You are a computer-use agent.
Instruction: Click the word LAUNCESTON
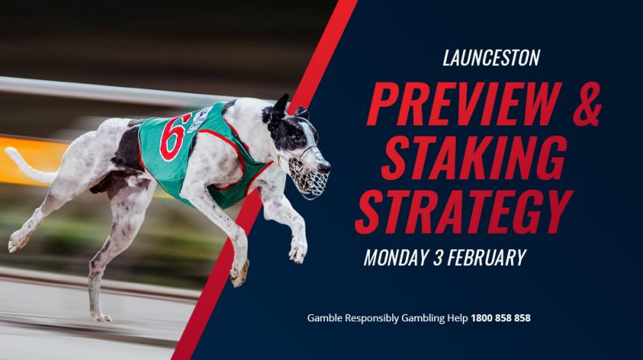491,58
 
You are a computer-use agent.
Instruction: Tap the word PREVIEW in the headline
465,104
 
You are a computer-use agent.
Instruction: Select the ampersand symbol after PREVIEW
587,104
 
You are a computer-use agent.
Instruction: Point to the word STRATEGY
464,211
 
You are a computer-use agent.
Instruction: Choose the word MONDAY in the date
395,257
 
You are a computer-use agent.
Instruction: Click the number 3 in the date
437,257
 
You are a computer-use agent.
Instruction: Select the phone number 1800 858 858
501,317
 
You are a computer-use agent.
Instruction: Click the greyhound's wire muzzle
309,174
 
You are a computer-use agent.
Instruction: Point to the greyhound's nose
326,167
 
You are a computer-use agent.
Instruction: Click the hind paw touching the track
101,317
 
